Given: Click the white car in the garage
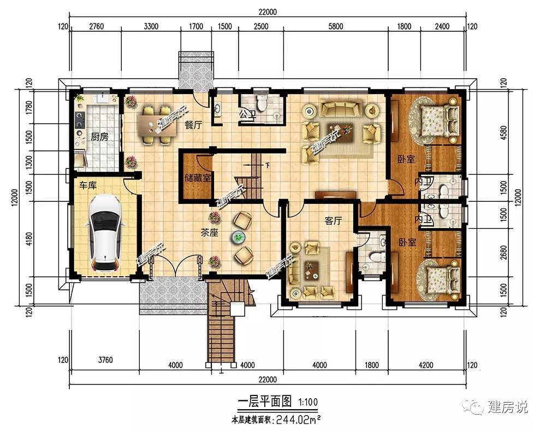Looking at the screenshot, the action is [105, 234].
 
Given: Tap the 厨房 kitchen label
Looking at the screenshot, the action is [99, 137].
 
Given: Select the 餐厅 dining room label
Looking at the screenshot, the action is [193, 125].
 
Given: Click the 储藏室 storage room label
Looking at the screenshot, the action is [198, 178].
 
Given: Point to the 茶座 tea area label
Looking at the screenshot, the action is [209, 232].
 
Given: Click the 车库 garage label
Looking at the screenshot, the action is [87, 185].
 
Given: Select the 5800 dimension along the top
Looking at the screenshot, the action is [335, 26].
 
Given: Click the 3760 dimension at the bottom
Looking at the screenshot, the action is [105, 360].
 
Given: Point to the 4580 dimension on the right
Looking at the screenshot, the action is [503, 133].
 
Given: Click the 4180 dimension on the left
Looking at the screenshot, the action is [29, 239].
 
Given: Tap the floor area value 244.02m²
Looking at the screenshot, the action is [298, 420].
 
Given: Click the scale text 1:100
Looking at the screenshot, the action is [308, 402].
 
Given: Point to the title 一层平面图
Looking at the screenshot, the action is [265, 401].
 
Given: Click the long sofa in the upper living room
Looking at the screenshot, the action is [341, 108].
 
